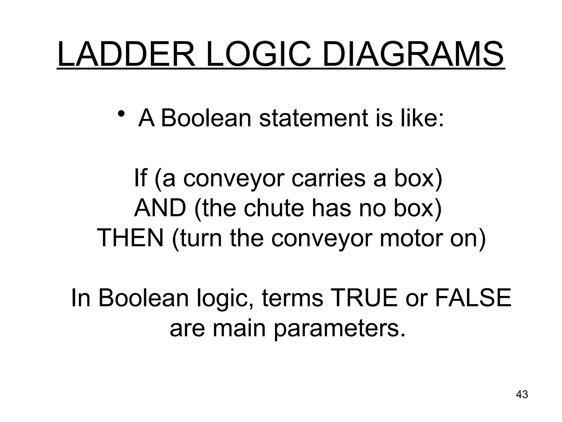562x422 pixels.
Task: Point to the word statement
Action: tap(313, 118)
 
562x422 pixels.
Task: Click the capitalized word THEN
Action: tap(130, 238)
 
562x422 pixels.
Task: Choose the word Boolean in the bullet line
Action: tap(206, 118)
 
